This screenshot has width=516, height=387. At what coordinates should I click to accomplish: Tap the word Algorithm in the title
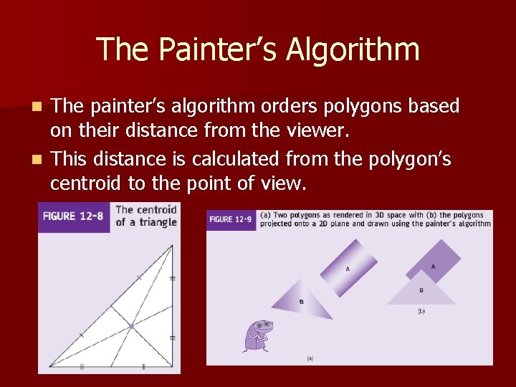(x=353, y=50)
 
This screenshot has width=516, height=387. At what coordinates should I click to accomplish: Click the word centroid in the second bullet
(x=86, y=184)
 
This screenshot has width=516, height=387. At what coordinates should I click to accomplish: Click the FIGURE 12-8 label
(x=74, y=216)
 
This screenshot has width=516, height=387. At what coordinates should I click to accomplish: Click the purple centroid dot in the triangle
(x=131, y=326)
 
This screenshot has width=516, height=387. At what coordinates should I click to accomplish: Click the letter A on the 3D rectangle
(x=348, y=269)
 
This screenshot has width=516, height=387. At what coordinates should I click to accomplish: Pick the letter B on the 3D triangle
(x=301, y=302)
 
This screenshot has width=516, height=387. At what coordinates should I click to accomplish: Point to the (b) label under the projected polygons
(x=421, y=311)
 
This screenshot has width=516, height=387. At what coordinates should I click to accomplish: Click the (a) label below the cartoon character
(x=310, y=357)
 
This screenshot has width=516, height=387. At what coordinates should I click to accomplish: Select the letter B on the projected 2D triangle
(x=421, y=290)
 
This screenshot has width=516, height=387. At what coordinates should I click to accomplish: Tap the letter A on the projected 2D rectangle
(x=433, y=267)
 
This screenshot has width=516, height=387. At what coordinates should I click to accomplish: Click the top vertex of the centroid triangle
(x=172, y=245)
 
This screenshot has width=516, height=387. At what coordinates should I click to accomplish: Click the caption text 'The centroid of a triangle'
(x=146, y=216)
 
